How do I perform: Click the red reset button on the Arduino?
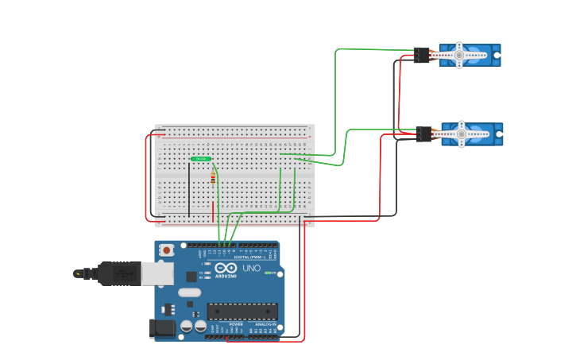pyautogui.click(x=166, y=250)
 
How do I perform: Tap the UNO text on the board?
pyautogui.click(x=251, y=268)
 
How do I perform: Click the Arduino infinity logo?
pyautogui.click(x=225, y=268)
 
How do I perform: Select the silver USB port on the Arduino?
pyautogui.click(x=157, y=273)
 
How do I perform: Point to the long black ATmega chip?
pyautogui.click(x=242, y=311)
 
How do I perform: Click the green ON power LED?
pyautogui.click(x=269, y=273)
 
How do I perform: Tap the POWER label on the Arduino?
pyautogui.click(x=236, y=324)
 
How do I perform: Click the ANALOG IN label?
pyautogui.click(x=265, y=324)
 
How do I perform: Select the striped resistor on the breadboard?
pyautogui.click(x=213, y=178)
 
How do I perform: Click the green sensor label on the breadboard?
pyautogui.click(x=200, y=159)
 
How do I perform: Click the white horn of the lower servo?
pyautogui.click(x=462, y=134)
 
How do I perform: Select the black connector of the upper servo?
pyautogui.click(x=421, y=55)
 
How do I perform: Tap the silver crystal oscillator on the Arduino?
pyautogui.click(x=190, y=292)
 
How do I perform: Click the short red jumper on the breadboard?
pyautogui.click(x=213, y=212)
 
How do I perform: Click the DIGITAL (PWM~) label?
pyautogui.click(x=246, y=257)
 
